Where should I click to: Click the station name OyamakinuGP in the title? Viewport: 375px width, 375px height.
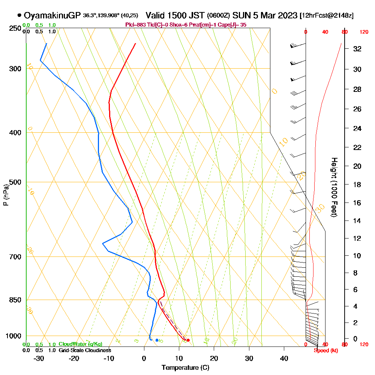(52, 15)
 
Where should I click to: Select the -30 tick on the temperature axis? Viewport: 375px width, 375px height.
(39, 358)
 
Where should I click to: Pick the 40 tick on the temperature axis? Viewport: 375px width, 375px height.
(284, 358)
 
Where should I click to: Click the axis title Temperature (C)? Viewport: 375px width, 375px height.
(185, 367)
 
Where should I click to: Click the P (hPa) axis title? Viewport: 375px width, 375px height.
(6, 195)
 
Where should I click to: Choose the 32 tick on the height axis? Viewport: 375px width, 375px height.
(357, 49)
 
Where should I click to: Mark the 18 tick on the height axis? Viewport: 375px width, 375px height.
(357, 184)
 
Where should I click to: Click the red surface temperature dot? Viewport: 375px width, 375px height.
(188, 340)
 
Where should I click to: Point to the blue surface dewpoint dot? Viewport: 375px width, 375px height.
(157, 340)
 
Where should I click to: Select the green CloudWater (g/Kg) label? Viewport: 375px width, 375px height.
(80, 344)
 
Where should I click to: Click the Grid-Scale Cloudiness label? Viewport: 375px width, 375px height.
(84, 350)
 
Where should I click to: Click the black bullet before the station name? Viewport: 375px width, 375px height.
(19, 15)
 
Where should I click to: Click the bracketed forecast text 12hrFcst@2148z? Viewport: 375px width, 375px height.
(327, 16)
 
